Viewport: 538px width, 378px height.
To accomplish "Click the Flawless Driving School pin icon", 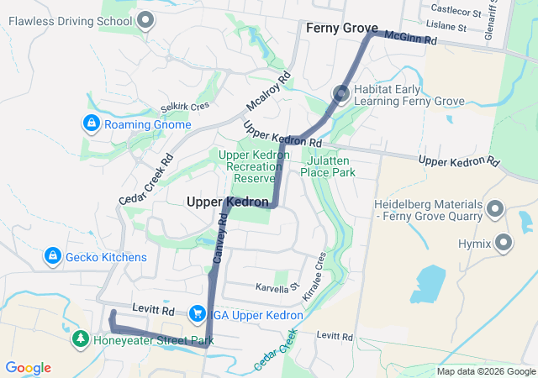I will tap(146, 19).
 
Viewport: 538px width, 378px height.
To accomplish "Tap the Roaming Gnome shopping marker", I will tap(90, 124).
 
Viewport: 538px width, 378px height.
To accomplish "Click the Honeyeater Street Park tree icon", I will tap(80, 339).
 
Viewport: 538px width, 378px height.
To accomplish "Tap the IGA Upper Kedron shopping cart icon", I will tap(197, 313).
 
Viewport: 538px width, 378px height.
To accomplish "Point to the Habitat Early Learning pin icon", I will tap(341, 94).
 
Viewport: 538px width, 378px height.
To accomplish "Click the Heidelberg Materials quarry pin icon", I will tap(494, 207).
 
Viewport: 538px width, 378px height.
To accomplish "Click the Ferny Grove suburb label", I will tap(341, 28).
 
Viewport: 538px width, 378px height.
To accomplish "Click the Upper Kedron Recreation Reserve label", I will tap(247, 166).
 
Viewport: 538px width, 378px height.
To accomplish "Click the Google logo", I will tap(29, 368).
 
